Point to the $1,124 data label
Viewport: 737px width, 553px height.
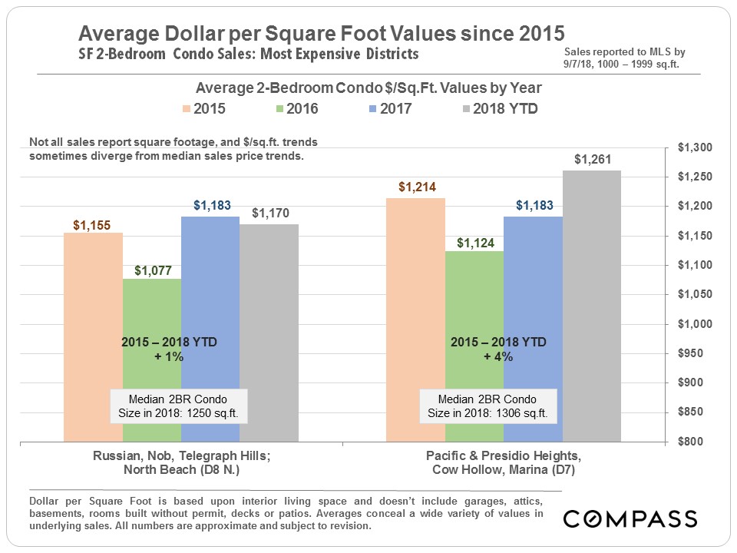474,243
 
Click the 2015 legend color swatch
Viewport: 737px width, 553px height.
187,109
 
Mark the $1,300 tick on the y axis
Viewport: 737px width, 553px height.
694,148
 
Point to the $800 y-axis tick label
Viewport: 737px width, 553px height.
697,442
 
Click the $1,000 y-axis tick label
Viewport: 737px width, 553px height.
694,324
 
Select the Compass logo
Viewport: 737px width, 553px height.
629,518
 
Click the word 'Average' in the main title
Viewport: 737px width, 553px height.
122,34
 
